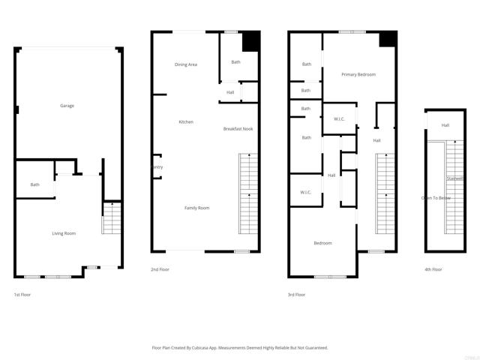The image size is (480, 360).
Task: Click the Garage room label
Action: (67, 106)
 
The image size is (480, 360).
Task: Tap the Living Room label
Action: (64, 233)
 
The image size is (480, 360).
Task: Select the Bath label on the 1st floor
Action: (35, 184)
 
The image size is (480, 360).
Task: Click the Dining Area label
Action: (186, 64)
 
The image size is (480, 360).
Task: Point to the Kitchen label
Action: (186, 121)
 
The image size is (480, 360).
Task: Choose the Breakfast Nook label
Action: (238, 129)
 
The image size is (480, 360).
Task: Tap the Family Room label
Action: (197, 207)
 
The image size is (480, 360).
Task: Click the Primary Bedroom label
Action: (358, 74)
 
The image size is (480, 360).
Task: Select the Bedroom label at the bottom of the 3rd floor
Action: (322, 243)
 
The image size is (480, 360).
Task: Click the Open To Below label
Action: (436, 198)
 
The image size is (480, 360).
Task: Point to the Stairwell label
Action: (454, 178)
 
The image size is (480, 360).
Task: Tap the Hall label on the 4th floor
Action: (445, 125)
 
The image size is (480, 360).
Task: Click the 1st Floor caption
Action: (22, 295)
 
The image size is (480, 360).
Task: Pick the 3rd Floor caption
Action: (297, 295)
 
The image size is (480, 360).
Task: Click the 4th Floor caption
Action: (433, 269)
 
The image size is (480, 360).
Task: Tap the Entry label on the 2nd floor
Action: (157, 167)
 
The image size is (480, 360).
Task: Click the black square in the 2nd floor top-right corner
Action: (250, 40)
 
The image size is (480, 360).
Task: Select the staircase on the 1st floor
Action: (111, 219)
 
